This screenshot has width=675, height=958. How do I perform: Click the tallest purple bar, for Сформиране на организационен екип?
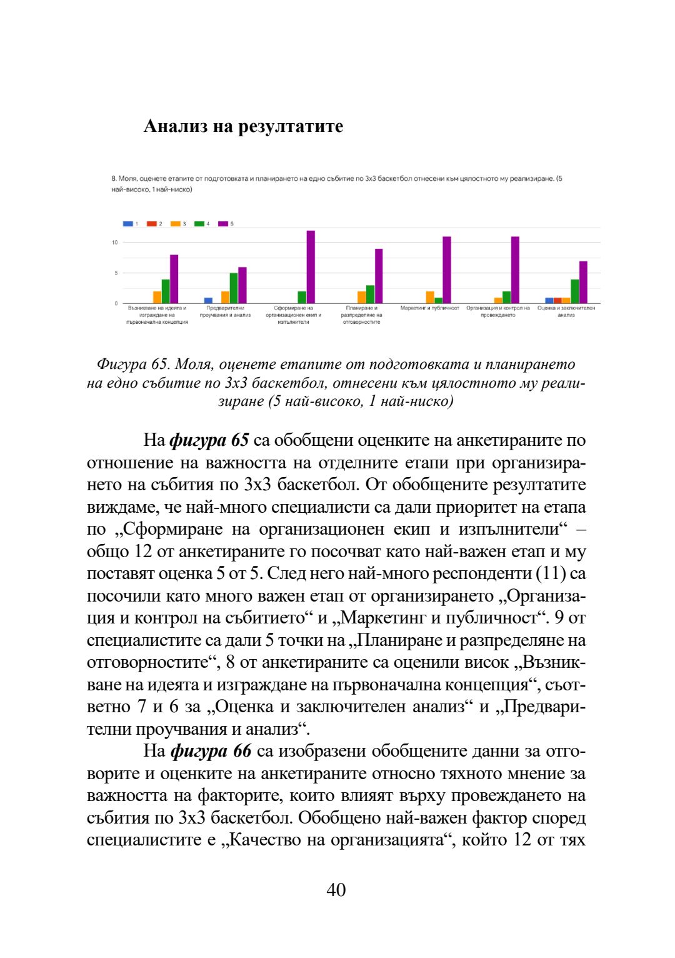pyautogui.click(x=311, y=267)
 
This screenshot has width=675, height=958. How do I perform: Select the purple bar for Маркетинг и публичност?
pyautogui.click(x=447, y=270)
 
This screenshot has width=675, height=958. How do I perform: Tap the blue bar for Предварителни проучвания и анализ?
pyautogui.click(x=208, y=301)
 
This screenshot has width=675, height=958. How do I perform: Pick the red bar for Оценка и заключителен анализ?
pyautogui.click(x=557, y=301)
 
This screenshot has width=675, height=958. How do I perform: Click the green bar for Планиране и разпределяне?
pyautogui.click(x=370, y=295)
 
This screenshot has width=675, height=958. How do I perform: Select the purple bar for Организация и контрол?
pyautogui.click(x=515, y=270)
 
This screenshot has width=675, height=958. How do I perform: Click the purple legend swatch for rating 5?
pyautogui.click(x=222, y=224)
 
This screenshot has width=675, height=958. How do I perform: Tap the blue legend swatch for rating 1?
pyautogui.click(x=128, y=224)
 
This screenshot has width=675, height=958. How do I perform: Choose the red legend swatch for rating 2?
pyautogui.click(x=152, y=224)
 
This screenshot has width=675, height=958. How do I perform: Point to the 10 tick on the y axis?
pyautogui.click(x=115, y=243)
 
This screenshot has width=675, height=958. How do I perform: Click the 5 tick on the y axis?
pyautogui.click(x=116, y=273)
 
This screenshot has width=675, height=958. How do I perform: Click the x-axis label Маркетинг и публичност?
pyautogui.click(x=429, y=308)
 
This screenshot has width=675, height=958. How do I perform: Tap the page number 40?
pyautogui.click(x=336, y=890)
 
